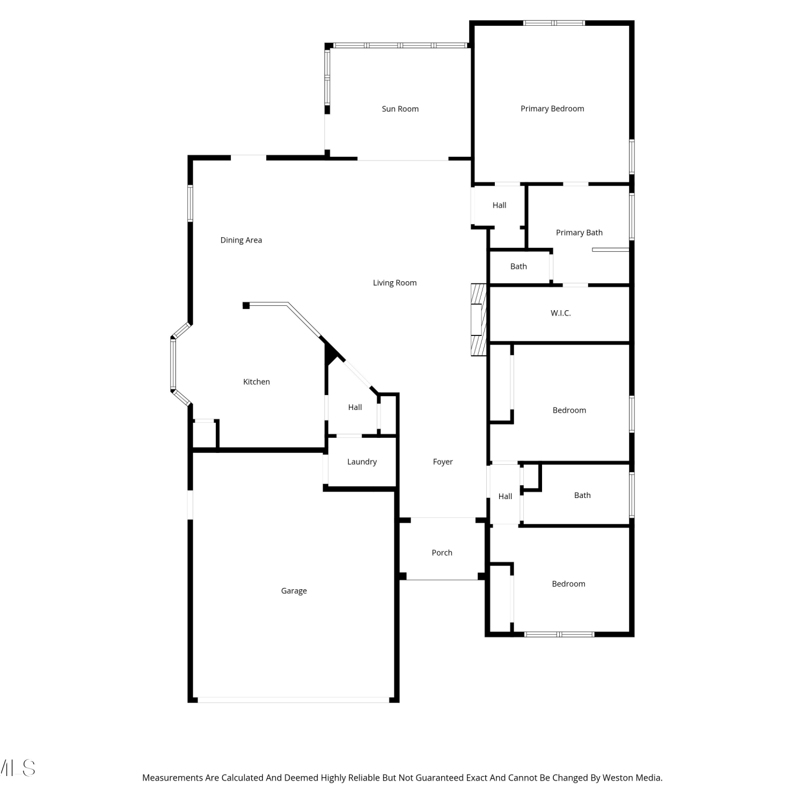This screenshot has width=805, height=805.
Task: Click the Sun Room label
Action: (x=400, y=109)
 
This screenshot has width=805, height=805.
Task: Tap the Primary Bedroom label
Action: (x=552, y=109)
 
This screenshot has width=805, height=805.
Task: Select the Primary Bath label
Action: (x=579, y=233)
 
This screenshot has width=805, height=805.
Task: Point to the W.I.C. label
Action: (x=561, y=313)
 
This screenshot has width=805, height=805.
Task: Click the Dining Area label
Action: (x=241, y=240)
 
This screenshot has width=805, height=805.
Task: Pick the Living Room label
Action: (x=394, y=283)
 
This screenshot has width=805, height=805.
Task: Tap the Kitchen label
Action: (x=257, y=382)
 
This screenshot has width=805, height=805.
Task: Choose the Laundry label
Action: (x=362, y=462)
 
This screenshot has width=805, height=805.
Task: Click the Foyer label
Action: (x=443, y=462)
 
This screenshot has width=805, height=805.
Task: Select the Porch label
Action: (x=442, y=553)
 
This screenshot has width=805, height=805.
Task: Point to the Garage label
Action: (x=294, y=591)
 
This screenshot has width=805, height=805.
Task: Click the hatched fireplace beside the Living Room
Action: (x=478, y=319)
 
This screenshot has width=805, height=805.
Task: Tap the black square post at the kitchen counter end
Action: (x=246, y=305)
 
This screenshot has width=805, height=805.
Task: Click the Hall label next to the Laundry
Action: (x=355, y=407)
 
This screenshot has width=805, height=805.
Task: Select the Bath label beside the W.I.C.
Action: (x=518, y=266)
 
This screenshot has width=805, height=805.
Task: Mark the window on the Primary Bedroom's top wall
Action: (x=554, y=23)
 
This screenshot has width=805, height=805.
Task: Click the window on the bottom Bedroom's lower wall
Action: (x=559, y=634)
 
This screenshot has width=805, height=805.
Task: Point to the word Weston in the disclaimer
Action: (x=617, y=778)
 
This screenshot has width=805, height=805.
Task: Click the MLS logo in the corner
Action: (x=17, y=768)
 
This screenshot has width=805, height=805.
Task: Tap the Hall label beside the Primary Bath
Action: (x=499, y=205)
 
